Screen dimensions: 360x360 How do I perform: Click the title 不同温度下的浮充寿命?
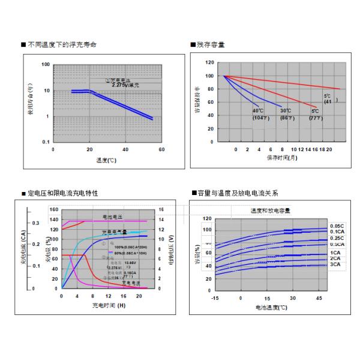(x=61, y=45)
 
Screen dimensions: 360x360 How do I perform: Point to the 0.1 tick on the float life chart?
(x=46, y=142)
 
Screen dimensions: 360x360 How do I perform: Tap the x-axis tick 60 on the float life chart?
(x=161, y=149)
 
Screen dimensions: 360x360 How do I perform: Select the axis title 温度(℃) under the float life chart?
(x=107, y=161)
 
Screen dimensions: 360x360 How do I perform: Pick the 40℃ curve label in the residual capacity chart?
(x=258, y=111)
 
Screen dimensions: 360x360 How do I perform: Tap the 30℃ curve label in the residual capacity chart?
(x=286, y=111)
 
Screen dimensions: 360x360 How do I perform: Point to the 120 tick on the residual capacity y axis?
(x=209, y=62)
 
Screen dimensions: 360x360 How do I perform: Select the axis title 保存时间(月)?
(x=281, y=157)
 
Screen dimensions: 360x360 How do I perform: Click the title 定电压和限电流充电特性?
(x=62, y=193)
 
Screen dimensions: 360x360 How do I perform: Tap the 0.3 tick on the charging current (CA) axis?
(x=36, y=223)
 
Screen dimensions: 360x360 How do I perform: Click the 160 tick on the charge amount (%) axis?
(x=53, y=210)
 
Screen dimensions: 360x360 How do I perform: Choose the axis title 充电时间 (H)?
(x=109, y=305)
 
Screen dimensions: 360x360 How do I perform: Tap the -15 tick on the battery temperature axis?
(x=215, y=298)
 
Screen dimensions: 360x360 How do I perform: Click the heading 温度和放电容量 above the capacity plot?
(x=270, y=210)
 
